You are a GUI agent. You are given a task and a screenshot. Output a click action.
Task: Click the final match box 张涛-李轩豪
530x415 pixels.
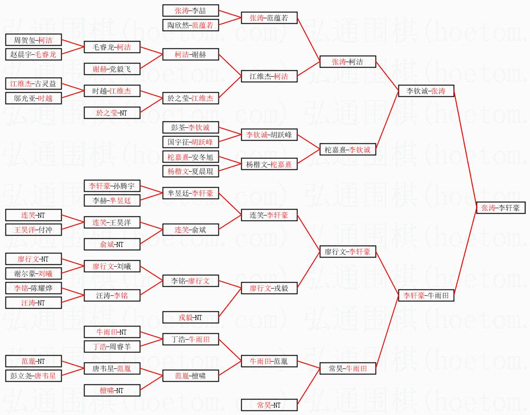pyautogui.click(x=500, y=208)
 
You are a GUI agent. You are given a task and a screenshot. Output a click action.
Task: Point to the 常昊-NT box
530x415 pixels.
pyautogui.click(x=269, y=404)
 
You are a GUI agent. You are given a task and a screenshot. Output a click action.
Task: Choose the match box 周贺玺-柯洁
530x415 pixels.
pyautogui.click(x=33, y=40)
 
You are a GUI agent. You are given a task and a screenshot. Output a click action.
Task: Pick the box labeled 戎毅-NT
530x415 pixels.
pyautogui.click(x=191, y=317)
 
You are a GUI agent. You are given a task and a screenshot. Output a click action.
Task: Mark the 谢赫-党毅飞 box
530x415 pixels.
pyautogui.click(x=112, y=69)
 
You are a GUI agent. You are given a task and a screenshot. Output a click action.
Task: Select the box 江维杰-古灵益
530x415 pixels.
pyautogui.click(x=33, y=84)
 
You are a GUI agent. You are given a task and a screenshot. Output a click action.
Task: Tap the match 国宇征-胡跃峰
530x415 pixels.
pyautogui.click(x=191, y=142)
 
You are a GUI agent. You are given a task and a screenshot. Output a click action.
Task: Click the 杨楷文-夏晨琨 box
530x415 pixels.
pyautogui.click(x=191, y=171)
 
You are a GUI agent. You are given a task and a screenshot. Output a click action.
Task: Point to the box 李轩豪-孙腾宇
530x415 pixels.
pyautogui.click(x=112, y=186)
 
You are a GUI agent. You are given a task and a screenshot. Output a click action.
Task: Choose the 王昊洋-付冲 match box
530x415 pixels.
pyautogui.click(x=33, y=230)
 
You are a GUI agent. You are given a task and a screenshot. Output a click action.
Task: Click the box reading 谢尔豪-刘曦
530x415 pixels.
pyautogui.click(x=33, y=273)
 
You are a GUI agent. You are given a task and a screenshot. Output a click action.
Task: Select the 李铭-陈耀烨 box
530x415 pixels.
pyautogui.click(x=33, y=288)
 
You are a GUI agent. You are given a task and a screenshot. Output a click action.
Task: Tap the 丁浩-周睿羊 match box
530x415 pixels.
pyautogui.click(x=112, y=347)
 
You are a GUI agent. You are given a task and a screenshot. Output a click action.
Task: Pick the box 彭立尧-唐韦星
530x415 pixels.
pyautogui.click(x=33, y=376)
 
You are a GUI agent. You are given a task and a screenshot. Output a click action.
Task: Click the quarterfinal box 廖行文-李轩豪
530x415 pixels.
pyautogui.click(x=348, y=252)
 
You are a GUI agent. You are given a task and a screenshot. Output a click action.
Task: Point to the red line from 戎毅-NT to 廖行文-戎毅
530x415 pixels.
pyautogui.click(x=230, y=303)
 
